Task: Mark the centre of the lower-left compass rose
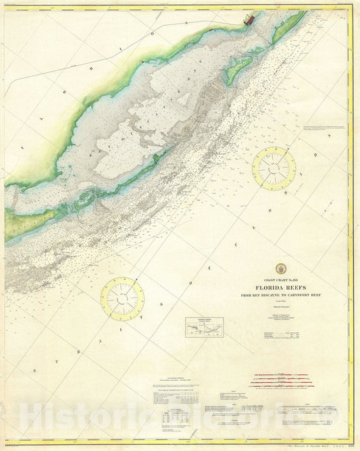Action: tap(122, 299)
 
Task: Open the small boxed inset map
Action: tap(204, 327)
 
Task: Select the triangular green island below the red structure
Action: tap(238, 70)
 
